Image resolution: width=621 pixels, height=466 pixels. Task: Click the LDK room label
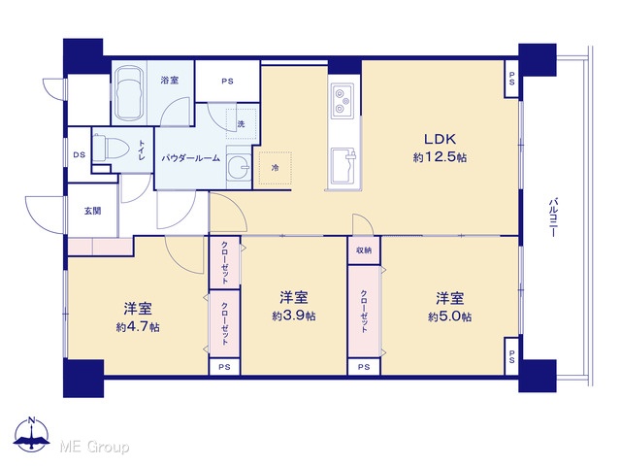(x=440, y=139)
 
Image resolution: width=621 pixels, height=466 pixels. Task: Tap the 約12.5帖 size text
(x=440, y=157)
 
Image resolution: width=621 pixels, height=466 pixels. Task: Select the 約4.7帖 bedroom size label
(x=138, y=327)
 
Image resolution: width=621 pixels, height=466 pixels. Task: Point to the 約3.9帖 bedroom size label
(x=294, y=316)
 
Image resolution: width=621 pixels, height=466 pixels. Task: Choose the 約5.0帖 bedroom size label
(x=449, y=317)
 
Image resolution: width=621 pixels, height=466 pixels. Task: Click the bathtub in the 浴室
(x=128, y=92)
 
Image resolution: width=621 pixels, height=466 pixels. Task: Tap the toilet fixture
(x=112, y=148)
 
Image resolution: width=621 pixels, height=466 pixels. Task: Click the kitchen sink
(x=343, y=167)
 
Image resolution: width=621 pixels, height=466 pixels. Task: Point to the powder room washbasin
(x=239, y=167)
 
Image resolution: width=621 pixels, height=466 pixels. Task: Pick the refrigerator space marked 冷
(x=275, y=168)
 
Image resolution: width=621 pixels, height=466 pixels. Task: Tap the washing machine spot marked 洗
(x=242, y=123)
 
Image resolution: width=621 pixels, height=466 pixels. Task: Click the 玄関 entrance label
(x=93, y=212)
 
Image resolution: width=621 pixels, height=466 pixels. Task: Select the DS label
(x=80, y=155)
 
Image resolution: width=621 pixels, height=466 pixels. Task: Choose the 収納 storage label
(x=364, y=250)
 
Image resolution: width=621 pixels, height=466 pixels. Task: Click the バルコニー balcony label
(x=553, y=217)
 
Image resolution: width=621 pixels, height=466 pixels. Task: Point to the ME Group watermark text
(x=95, y=447)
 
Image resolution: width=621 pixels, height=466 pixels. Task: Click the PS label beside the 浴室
(x=227, y=82)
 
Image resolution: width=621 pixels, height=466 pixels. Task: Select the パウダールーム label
(x=190, y=158)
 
